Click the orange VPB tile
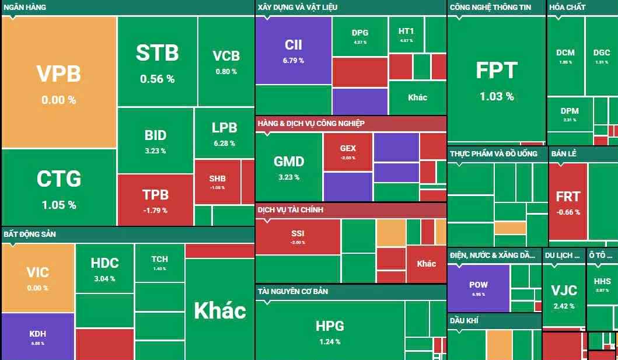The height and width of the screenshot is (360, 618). click(59, 82)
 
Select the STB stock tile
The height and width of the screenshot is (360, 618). click(157, 61)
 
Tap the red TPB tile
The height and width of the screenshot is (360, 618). click(155, 200)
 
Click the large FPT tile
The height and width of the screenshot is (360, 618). click(497, 79)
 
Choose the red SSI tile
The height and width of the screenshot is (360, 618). click(298, 237)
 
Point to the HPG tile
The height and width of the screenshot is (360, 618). click(330, 331)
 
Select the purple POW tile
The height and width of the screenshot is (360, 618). click(479, 288)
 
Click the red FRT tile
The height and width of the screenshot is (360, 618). click(568, 201)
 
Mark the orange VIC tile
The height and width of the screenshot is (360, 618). click(38, 277)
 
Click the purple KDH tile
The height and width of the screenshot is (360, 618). click(38, 337)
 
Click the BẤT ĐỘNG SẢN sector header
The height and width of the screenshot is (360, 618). click(30, 234)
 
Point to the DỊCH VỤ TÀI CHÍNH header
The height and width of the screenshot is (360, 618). click(291, 209)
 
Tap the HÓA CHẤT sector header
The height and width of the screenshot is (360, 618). click(567, 7)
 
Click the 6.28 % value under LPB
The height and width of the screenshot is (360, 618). click(224, 144)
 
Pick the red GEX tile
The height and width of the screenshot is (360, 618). click(348, 152)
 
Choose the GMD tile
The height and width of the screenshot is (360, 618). click(289, 166)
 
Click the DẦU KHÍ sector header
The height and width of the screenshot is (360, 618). click(465, 320)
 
